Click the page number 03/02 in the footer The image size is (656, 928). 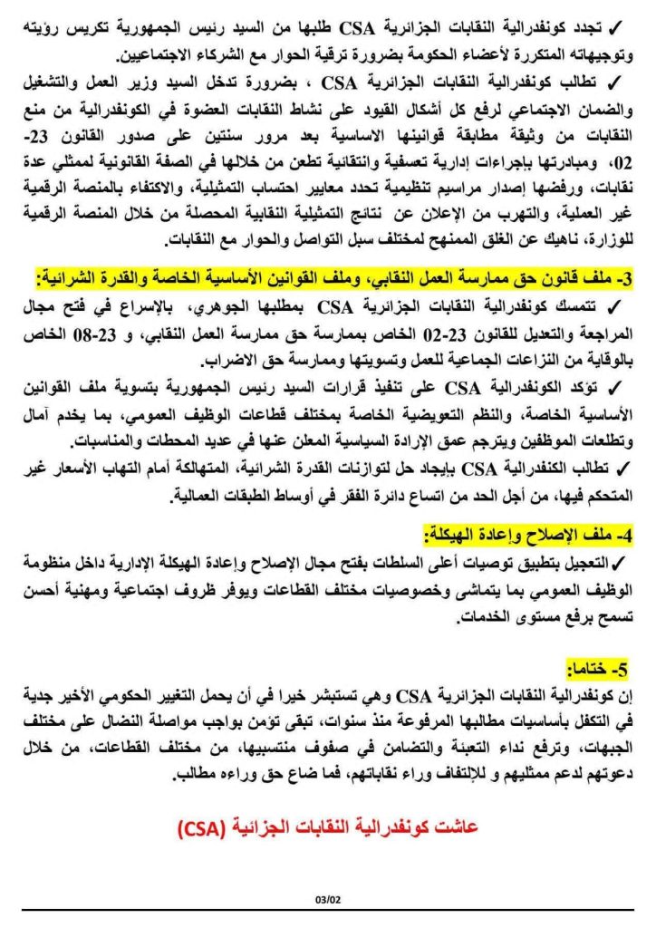326,899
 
